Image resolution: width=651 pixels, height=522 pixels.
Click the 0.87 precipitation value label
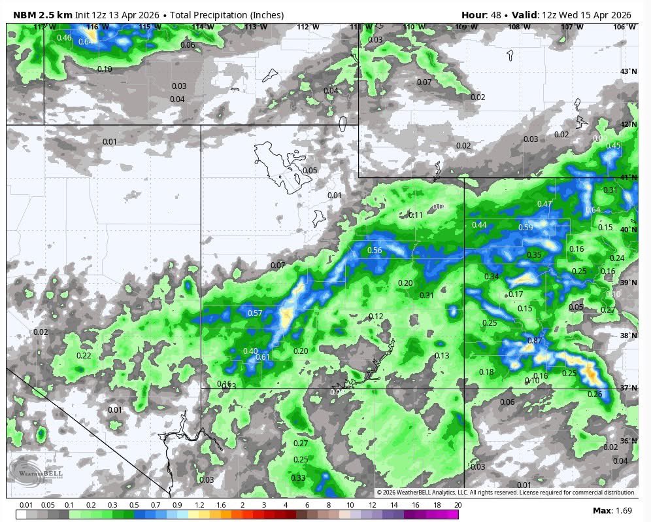coord(535,341)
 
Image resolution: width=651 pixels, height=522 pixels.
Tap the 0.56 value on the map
coord(375,251)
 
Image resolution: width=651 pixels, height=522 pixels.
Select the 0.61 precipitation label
coord(263,357)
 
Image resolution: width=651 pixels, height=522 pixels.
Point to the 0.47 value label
coord(544,204)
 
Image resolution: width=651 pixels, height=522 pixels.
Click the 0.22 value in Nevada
coord(84,355)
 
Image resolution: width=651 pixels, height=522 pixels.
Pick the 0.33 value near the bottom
coord(298,478)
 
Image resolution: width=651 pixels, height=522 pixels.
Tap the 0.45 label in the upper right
coord(613,145)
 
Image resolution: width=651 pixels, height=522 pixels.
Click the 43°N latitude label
coord(628,71)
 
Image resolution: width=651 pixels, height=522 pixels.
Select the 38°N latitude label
coord(628,336)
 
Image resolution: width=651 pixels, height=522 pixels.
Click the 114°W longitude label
coord(203,27)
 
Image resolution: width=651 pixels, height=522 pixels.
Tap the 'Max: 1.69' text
coord(611,510)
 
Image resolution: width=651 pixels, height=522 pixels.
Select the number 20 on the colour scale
coord(458,505)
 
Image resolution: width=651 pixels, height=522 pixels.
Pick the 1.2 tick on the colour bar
coord(199,505)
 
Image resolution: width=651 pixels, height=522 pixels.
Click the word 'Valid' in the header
coord(518,15)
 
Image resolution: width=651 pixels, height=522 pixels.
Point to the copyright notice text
coord(505,493)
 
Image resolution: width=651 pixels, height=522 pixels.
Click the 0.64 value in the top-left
coord(86,42)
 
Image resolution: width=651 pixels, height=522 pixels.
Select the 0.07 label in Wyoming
coord(424,82)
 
